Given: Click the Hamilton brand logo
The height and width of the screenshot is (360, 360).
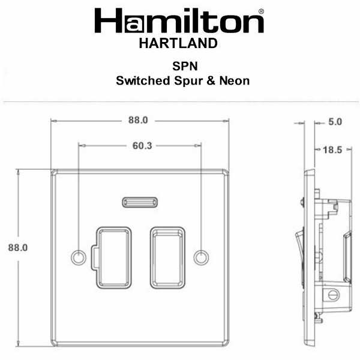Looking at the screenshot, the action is click(179, 20).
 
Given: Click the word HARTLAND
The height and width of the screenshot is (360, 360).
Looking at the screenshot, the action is click(178, 43).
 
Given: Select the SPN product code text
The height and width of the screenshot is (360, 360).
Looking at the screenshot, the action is click(185, 66).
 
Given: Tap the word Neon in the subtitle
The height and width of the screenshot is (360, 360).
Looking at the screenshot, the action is click(235, 81).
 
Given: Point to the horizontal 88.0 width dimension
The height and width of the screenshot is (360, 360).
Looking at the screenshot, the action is click(138, 120).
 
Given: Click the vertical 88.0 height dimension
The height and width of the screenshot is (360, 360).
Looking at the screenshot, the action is click(18, 247).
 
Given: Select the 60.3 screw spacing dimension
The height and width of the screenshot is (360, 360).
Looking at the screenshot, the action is click(142, 146).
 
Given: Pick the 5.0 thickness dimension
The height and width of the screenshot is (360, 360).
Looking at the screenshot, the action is click(335, 122).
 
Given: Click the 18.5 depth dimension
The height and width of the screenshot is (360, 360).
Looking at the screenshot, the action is click(332, 150).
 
